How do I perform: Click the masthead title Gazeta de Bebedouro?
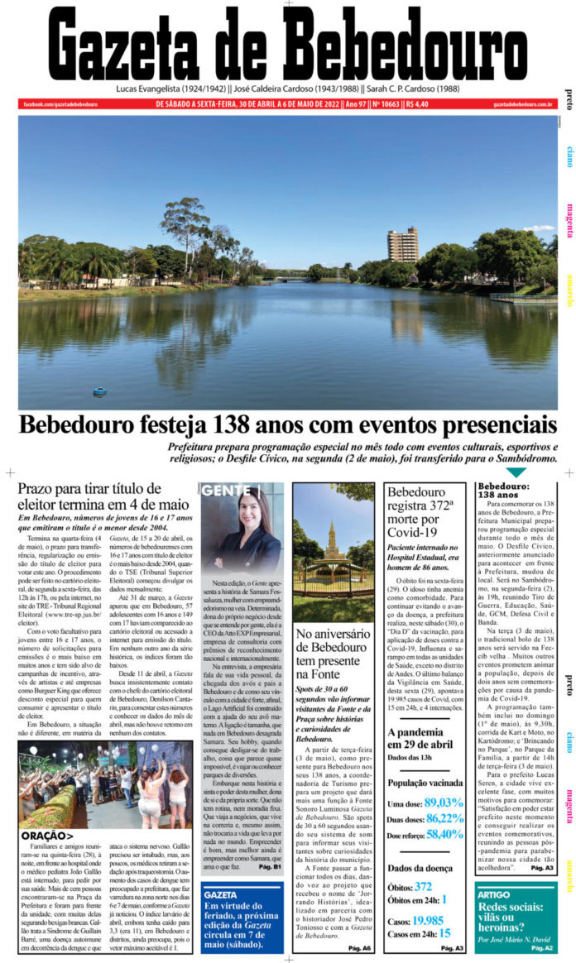287,45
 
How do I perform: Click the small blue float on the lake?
100,390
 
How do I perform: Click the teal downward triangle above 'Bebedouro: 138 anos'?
516,472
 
